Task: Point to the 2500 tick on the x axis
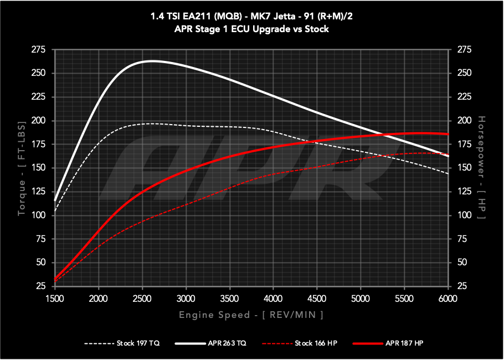(142, 300)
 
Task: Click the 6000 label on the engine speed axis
(447, 300)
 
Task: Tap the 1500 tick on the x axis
(55, 300)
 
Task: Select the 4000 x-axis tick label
(273, 300)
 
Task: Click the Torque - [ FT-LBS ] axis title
(22, 168)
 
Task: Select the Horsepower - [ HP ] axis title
(481, 168)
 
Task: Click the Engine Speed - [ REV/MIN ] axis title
(251, 315)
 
